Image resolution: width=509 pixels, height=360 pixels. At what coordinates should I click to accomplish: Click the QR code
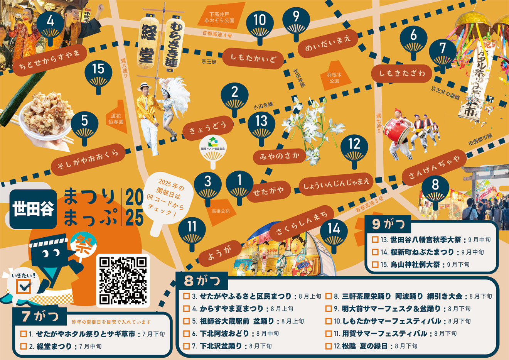123,280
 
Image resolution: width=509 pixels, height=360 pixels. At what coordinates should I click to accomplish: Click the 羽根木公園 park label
334,78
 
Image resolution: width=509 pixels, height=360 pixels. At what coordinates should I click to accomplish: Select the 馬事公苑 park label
220,211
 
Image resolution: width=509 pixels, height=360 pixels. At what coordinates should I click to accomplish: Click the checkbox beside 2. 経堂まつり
24,346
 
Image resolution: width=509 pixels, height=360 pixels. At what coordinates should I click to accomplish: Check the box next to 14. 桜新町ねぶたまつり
375,252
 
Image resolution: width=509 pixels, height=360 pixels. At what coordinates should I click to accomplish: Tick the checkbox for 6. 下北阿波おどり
186,333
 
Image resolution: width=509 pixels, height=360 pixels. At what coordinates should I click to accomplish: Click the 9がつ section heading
388,224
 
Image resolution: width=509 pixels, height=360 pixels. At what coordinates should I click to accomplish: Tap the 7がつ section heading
40,316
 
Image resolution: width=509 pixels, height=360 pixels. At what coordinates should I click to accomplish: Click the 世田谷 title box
33,209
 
